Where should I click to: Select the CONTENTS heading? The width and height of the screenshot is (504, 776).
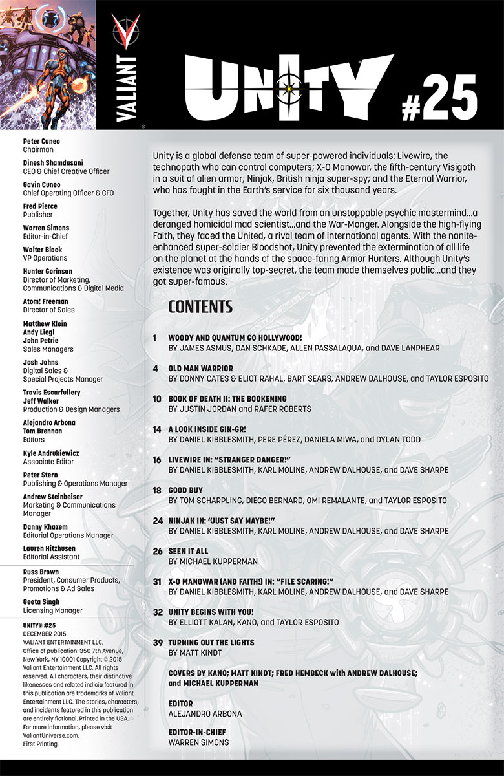(200, 307)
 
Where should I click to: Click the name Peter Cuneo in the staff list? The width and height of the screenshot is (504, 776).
(41, 141)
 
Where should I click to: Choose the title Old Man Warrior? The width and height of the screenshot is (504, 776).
(201, 368)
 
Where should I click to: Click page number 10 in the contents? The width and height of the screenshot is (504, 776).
(157, 399)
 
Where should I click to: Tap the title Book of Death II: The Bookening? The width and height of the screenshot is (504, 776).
(227, 399)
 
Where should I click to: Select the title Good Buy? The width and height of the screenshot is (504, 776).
(186, 491)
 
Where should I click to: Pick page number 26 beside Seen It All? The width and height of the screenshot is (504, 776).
(157, 552)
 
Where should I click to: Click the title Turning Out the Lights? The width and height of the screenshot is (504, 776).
(211, 643)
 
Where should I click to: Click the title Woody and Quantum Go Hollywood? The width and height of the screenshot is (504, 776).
(235, 338)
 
